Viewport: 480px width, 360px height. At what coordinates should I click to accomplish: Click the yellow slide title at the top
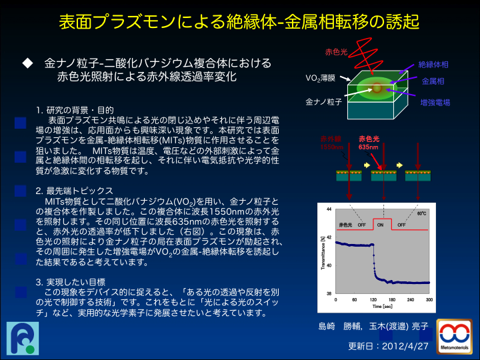click(239, 22)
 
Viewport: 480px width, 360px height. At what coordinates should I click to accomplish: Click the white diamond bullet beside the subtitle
click(27, 63)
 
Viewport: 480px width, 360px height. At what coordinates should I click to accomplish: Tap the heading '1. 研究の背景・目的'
click(75, 110)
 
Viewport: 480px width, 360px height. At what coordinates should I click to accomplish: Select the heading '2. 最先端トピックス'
click(75, 191)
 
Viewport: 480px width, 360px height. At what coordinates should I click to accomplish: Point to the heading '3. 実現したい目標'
click(71, 282)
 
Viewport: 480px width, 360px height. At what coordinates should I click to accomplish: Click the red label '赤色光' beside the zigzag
click(336, 52)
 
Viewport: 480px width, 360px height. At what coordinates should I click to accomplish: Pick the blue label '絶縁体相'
click(433, 65)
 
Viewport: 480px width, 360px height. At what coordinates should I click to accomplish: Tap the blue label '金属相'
click(433, 81)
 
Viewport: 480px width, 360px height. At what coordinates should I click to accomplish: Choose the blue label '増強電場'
click(435, 103)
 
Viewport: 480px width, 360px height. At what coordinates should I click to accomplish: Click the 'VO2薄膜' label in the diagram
click(320, 79)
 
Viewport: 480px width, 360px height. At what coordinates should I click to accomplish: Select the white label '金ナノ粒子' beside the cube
click(323, 102)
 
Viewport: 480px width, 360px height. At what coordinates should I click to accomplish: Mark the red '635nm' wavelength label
click(368, 147)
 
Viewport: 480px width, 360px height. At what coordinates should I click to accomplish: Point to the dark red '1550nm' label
click(331, 147)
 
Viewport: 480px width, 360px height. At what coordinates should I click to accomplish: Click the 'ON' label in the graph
click(380, 225)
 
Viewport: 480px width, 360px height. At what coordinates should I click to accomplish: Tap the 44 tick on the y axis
click(329, 209)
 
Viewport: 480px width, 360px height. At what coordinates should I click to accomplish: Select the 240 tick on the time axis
click(411, 300)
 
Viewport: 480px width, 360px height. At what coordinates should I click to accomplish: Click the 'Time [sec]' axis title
click(383, 307)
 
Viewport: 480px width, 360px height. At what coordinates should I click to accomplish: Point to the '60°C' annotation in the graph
click(421, 213)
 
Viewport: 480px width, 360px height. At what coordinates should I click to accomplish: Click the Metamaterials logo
click(454, 337)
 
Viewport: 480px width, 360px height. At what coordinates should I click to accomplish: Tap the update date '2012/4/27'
click(405, 346)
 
